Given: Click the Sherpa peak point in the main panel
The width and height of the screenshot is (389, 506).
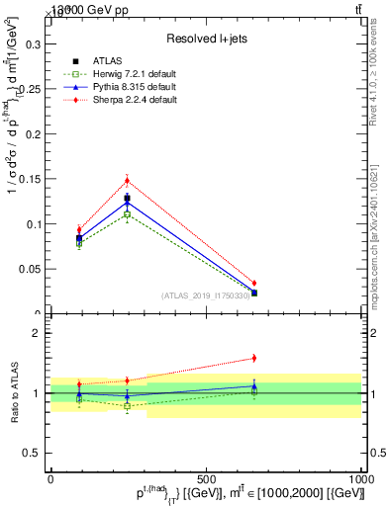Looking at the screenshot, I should [128, 180].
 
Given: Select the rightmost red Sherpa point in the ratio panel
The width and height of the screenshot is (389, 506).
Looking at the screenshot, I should [254, 358].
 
